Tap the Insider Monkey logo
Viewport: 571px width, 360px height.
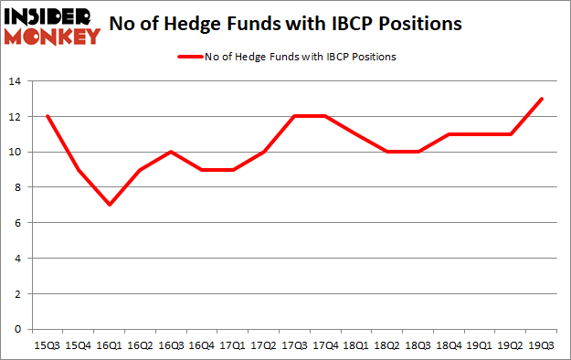[x=51, y=26]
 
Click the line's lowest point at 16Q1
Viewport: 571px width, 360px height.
[x=110, y=205]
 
